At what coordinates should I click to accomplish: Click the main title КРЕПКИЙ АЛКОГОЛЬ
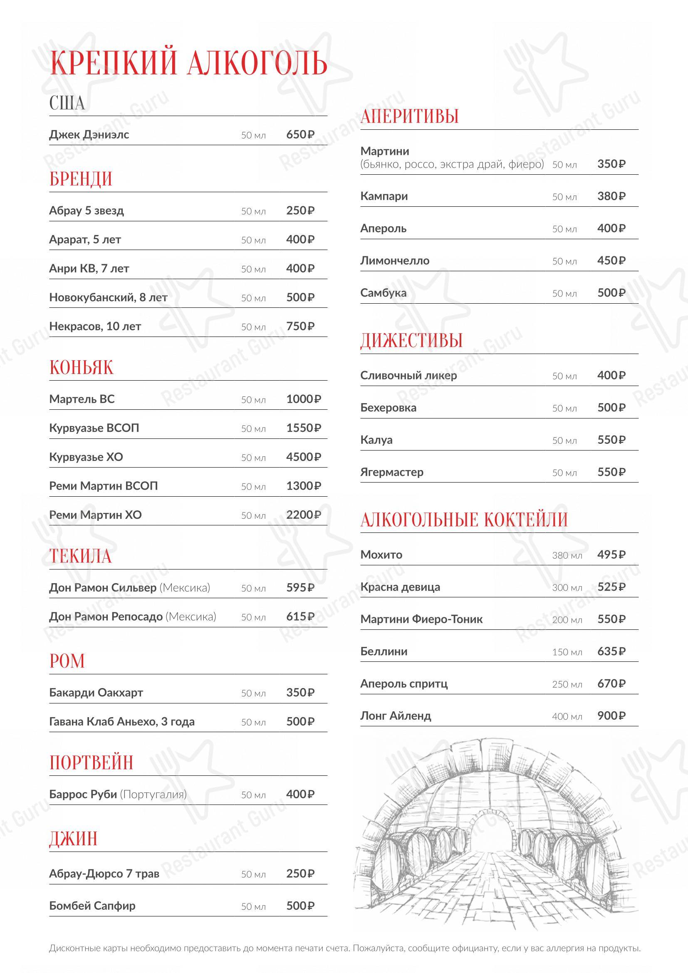pyautogui.click(x=188, y=63)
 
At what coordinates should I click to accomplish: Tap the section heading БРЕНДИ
pyautogui.click(x=81, y=179)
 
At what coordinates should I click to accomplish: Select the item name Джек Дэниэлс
pyautogui.click(x=89, y=135)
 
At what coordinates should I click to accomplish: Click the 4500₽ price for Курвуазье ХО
pyautogui.click(x=303, y=457)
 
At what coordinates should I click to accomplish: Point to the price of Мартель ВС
pyautogui.click(x=303, y=399)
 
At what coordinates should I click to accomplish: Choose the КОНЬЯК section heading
pyautogui.click(x=82, y=367)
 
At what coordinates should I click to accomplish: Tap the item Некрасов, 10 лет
pyautogui.click(x=95, y=326)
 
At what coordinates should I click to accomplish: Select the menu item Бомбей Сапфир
pyautogui.click(x=92, y=906)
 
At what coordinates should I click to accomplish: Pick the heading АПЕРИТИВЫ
pyautogui.click(x=410, y=116)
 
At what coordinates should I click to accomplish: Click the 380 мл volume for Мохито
pyautogui.click(x=567, y=555)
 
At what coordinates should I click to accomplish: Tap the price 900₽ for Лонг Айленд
pyautogui.click(x=611, y=716)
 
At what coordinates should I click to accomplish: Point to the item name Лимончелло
pyautogui.click(x=395, y=261)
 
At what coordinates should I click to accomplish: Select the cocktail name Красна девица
pyautogui.click(x=400, y=587)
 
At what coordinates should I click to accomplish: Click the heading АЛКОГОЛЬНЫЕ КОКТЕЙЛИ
pyautogui.click(x=464, y=520)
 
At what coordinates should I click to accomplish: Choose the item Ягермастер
pyautogui.click(x=391, y=472)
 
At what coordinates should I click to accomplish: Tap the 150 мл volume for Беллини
pyautogui.click(x=567, y=652)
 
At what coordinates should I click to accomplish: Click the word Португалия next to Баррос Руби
pyautogui.click(x=153, y=794)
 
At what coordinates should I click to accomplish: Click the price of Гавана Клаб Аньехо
pyautogui.click(x=300, y=722)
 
